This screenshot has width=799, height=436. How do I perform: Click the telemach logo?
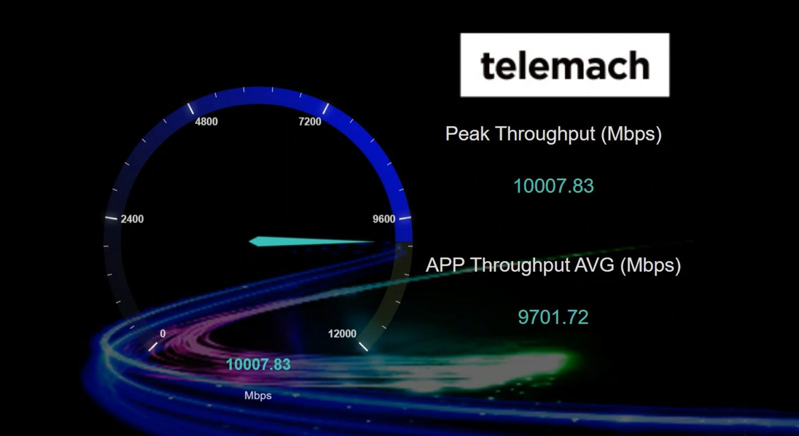pyautogui.click(x=564, y=65)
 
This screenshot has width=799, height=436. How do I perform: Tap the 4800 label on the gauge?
pyautogui.click(x=206, y=121)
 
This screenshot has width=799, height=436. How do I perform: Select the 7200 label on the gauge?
pyautogui.click(x=310, y=121)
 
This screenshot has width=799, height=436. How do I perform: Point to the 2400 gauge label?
pyautogui.click(x=132, y=219)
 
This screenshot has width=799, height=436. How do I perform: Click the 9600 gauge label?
pyautogui.click(x=384, y=219)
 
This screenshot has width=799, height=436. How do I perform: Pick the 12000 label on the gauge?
pyautogui.click(x=342, y=334)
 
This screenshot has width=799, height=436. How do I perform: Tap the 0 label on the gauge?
pyautogui.click(x=163, y=334)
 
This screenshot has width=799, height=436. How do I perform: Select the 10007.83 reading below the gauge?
pyautogui.click(x=258, y=365)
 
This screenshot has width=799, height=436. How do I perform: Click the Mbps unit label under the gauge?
pyautogui.click(x=258, y=396)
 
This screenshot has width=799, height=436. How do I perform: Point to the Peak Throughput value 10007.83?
pyautogui.click(x=553, y=186)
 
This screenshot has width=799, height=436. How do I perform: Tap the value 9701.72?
pyautogui.click(x=553, y=317)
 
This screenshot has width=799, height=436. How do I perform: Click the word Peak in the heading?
pyautogui.click(x=467, y=134)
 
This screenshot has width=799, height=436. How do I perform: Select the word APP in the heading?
pyautogui.click(x=445, y=265)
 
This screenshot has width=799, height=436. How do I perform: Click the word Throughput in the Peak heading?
pyautogui.click(x=545, y=134)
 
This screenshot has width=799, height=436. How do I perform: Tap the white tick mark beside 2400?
pyautogui.click(x=111, y=218)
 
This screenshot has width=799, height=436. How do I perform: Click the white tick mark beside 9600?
pyautogui.click(x=404, y=218)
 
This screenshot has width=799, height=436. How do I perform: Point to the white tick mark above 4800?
pyautogui.click(x=190, y=108)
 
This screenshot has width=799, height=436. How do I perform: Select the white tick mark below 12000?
pyautogui.click(x=363, y=346)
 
